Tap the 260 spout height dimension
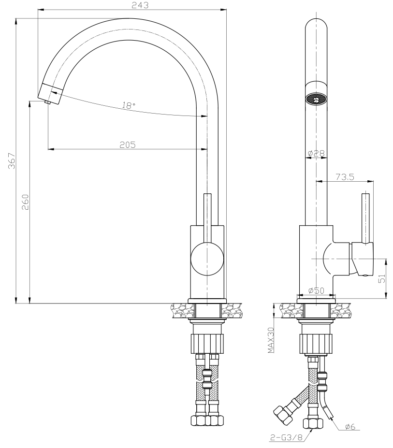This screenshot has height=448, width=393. (26, 202)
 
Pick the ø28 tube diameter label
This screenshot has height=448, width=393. (316, 154)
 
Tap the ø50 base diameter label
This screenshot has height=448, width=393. (316, 291)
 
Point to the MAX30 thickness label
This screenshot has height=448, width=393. (271, 340)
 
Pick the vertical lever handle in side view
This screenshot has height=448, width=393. (366, 217)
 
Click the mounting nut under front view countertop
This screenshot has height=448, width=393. (207, 341)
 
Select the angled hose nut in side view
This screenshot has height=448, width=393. (282, 414)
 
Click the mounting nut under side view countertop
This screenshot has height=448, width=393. (316, 341)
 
